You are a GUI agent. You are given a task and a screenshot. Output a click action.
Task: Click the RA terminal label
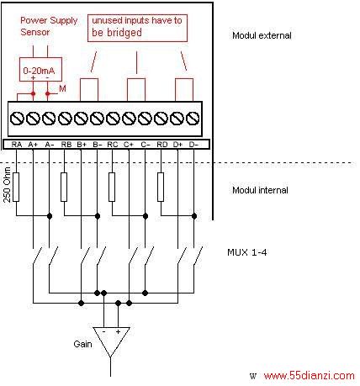tap(17, 145)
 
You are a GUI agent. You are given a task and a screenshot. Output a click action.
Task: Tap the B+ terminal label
tap(82, 145)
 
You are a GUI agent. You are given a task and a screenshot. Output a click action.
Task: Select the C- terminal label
tap(146, 145)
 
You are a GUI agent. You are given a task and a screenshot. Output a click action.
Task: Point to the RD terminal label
tap(161, 145)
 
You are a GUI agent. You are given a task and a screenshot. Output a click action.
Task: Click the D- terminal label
tap(193, 145)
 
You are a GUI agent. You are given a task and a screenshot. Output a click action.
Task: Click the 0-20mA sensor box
tap(40, 70)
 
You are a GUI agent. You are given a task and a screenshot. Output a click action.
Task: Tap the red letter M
tap(62, 89)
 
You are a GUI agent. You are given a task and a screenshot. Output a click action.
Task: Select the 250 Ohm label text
tap(7, 185)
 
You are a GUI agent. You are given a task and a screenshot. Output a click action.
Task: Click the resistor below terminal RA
tap(16, 187)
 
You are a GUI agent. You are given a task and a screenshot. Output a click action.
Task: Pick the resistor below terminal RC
tap(112, 187)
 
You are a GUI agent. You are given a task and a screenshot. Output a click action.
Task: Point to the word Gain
tap(82, 344)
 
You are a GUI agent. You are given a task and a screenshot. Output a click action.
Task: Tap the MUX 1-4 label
tap(247, 252)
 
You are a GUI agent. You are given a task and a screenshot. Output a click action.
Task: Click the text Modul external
tap(262, 35)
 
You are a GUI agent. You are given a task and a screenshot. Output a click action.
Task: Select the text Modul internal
tap(260, 190)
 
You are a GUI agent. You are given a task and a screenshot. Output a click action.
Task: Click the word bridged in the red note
tap(124, 33)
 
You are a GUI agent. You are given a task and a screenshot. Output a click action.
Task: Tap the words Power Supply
tap(49, 20)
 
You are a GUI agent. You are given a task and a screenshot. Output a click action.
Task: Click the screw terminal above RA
tap(17, 119)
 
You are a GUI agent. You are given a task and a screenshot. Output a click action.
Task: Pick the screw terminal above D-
tap(193, 119)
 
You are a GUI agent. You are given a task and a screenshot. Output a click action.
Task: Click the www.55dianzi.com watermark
tap(309, 375)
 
